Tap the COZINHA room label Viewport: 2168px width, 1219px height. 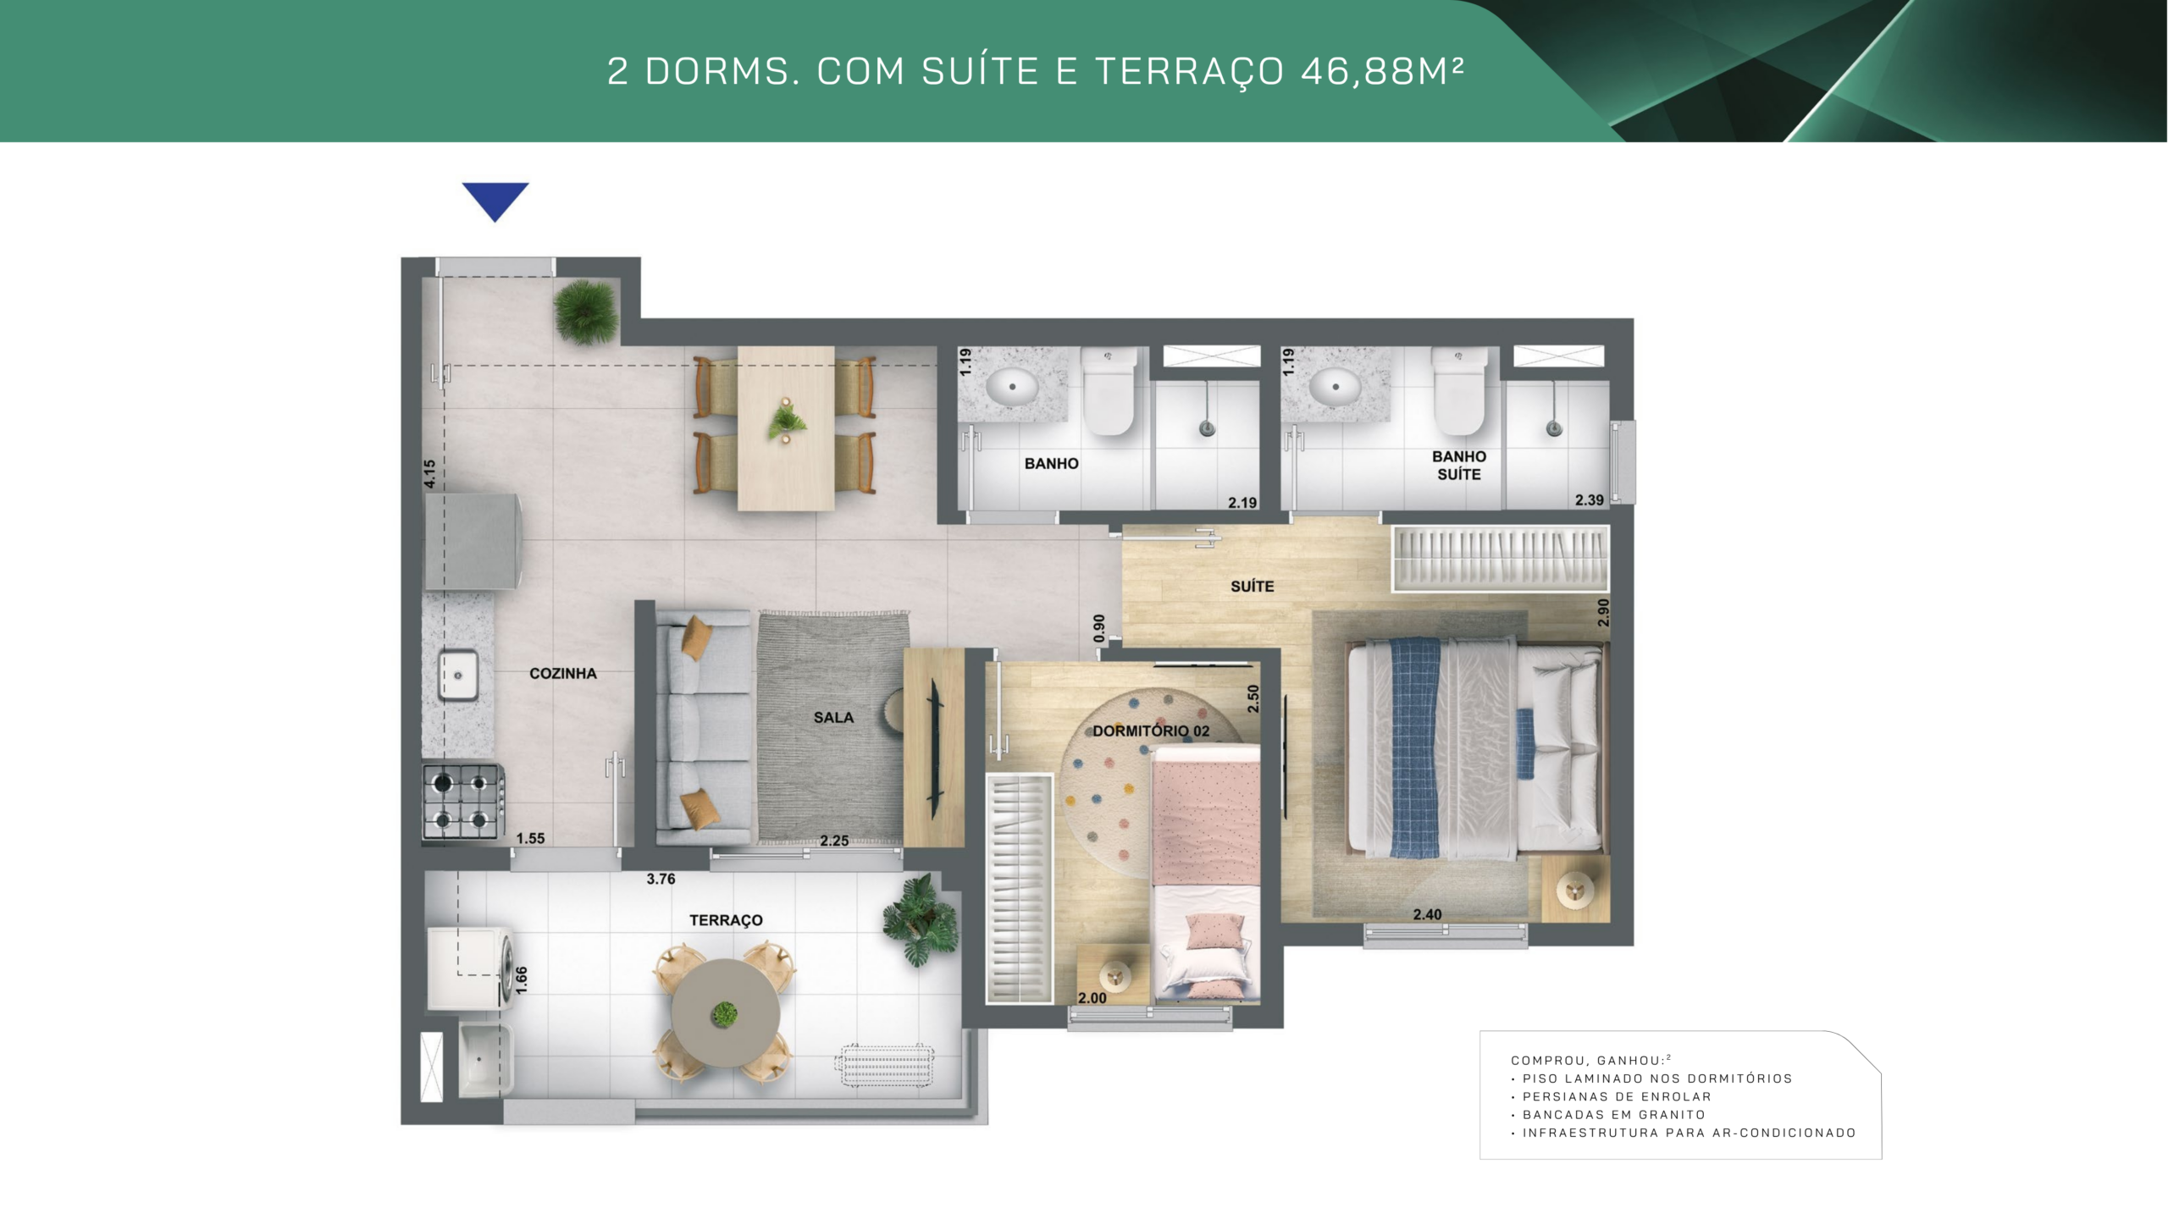click(x=563, y=674)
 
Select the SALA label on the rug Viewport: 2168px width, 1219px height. click(x=833, y=718)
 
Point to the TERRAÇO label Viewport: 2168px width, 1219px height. click(x=726, y=920)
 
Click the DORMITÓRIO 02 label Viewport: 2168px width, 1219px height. click(x=1151, y=731)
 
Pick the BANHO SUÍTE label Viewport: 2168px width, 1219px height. click(x=1459, y=466)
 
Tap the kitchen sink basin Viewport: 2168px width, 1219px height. click(x=458, y=675)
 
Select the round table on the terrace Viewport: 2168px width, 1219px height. click(x=725, y=1013)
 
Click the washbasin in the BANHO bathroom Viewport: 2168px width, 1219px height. click(x=1012, y=388)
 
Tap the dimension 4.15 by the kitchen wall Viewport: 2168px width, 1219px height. click(x=429, y=474)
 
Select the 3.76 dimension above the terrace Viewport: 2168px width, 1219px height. click(x=661, y=880)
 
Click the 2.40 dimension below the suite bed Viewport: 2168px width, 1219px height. click(x=1427, y=915)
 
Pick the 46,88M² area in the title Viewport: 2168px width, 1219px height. click(x=1382, y=71)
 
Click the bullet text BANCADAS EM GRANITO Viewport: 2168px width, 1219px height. click(x=1614, y=1115)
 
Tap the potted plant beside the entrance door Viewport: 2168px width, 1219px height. click(x=586, y=312)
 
